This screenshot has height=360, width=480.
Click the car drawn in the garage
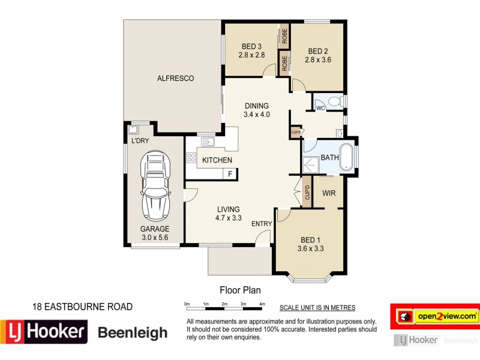155,185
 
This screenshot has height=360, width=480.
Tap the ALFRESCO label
175,78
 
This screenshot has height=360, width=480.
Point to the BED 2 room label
318,51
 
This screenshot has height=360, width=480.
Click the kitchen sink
208,142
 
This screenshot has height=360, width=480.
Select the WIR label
329,193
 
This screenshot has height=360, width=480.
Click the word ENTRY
262,224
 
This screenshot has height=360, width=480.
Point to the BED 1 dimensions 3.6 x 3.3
311,248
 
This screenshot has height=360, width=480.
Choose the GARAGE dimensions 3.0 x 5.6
155,238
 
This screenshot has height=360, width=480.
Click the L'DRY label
140,141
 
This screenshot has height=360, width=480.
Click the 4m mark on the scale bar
262,305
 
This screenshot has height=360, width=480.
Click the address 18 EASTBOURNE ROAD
82,307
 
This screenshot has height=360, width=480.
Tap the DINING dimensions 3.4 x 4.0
256,115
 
